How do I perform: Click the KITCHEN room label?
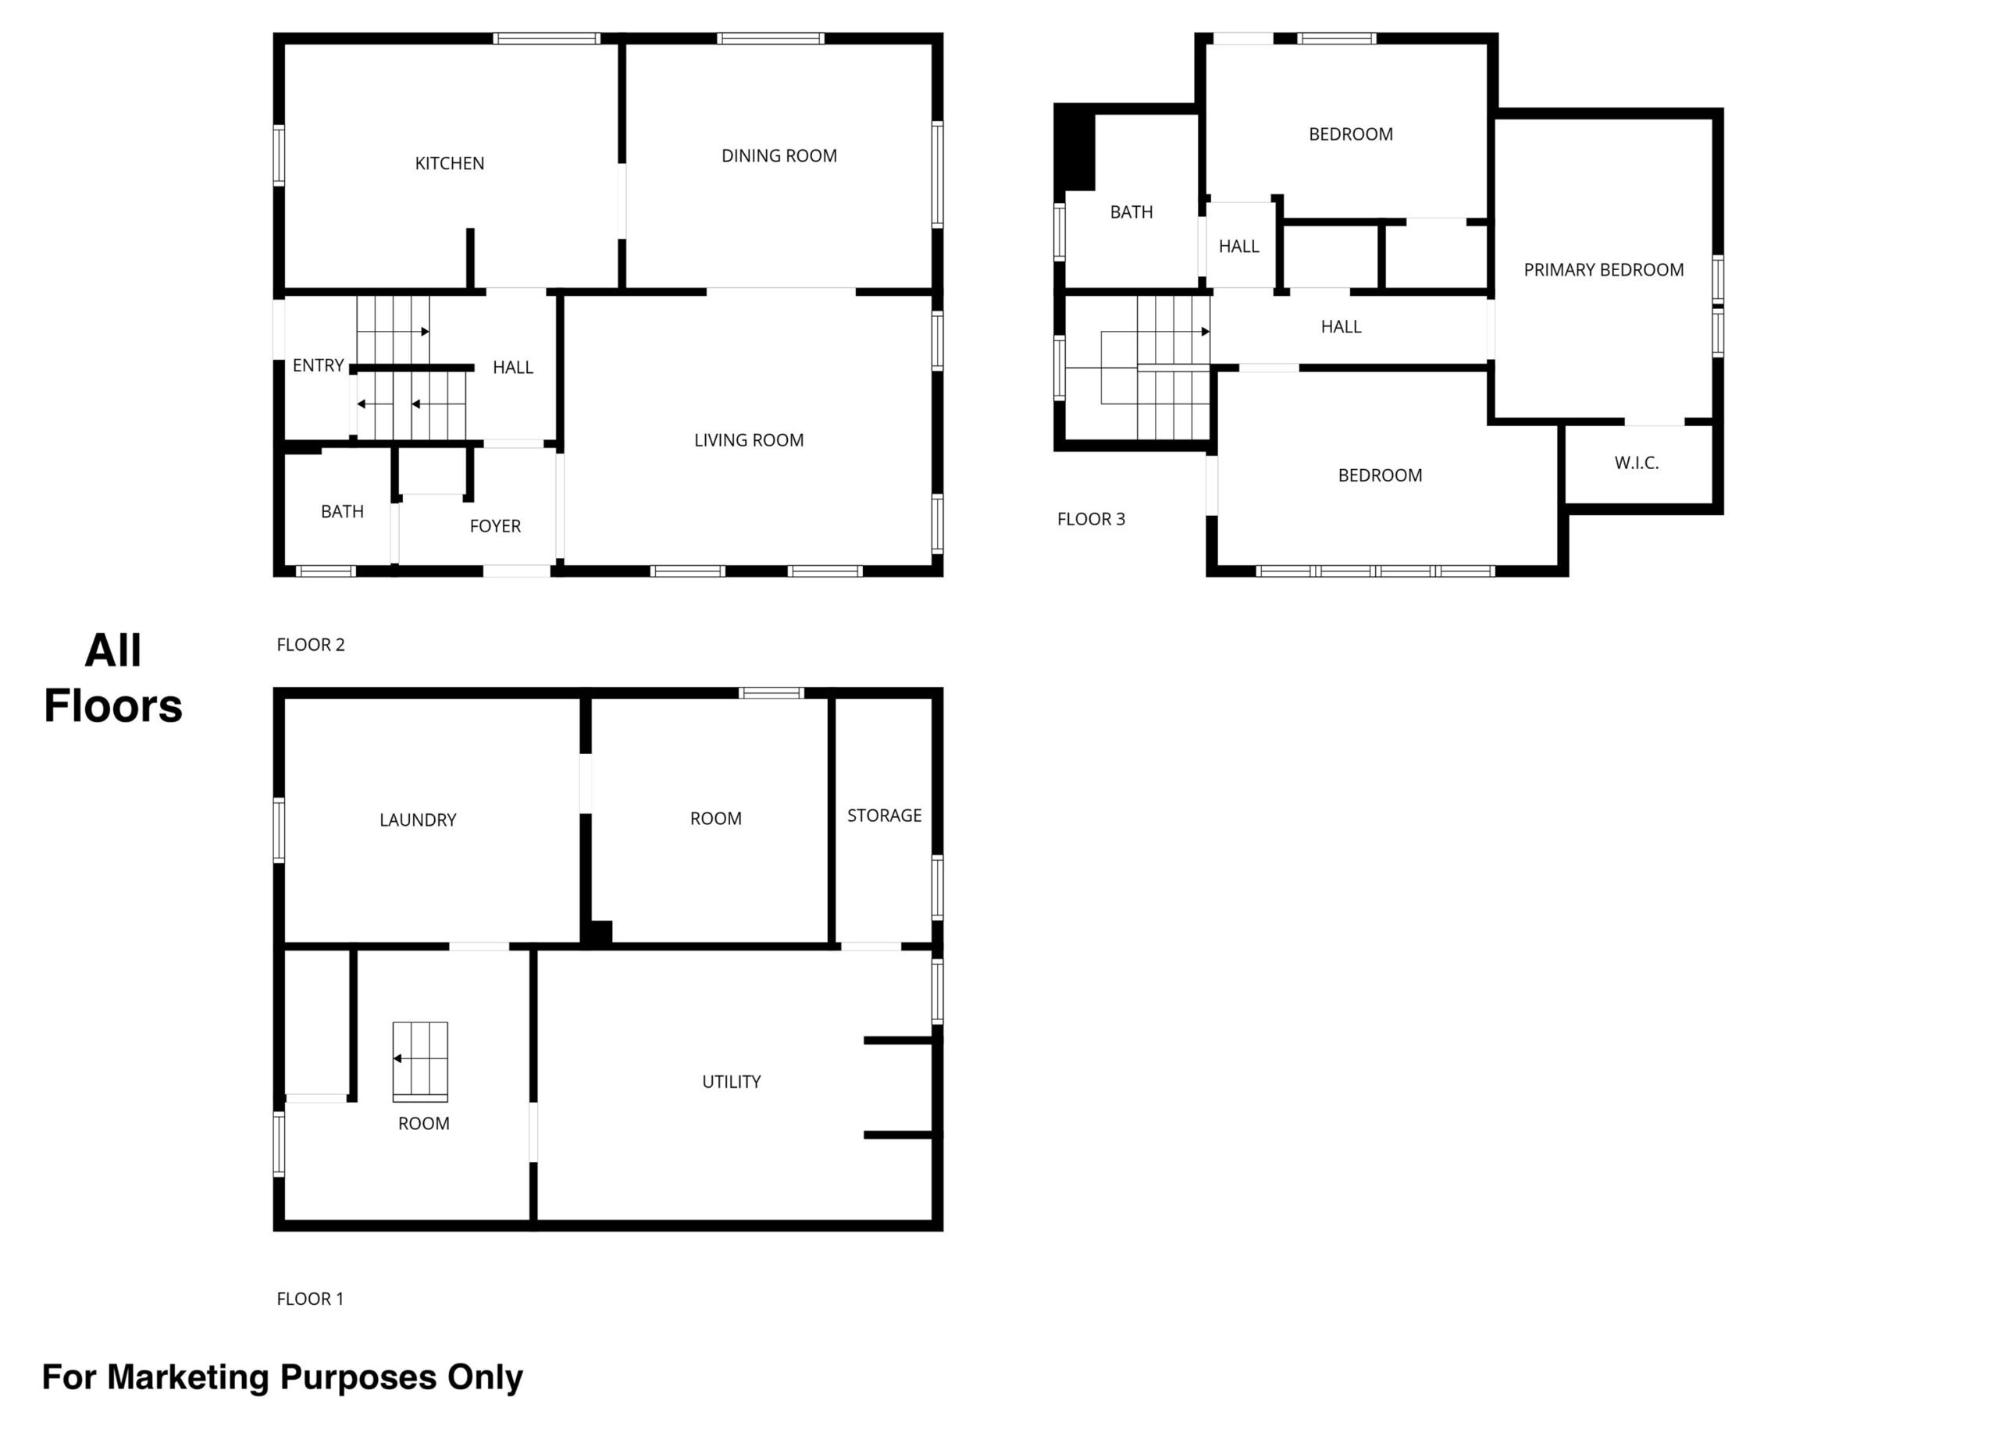click(x=449, y=163)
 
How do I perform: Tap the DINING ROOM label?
click(x=779, y=156)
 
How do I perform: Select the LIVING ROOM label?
click(x=748, y=440)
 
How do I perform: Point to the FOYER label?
click(x=495, y=526)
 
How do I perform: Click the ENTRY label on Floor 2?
click(x=318, y=365)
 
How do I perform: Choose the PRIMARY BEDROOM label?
click(x=1603, y=270)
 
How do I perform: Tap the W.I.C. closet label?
click(x=1637, y=463)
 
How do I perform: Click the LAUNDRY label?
click(x=417, y=820)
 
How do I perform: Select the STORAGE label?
click(x=884, y=816)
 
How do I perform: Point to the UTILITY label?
click(x=731, y=1082)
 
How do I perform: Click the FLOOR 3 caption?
click(x=1091, y=519)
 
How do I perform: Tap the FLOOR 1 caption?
click(x=310, y=1299)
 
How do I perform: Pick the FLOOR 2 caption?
click(x=310, y=645)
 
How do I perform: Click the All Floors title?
click(x=113, y=678)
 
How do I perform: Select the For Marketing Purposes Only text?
click(x=283, y=1377)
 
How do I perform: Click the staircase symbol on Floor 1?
click(x=420, y=1061)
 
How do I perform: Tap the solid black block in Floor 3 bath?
click(x=1074, y=147)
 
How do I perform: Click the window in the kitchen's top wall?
click(x=547, y=39)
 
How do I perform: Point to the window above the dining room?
click(x=770, y=39)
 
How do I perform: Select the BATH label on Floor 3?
click(x=1131, y=212)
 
